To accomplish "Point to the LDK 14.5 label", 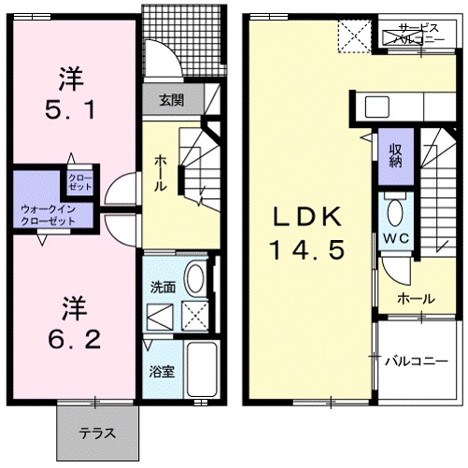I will coord(308,234).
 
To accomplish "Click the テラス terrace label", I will coord(97,433).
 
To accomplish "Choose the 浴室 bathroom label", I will coord(160,371).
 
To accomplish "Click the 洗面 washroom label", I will coord(162,288).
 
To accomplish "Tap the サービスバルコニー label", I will coord(418,35).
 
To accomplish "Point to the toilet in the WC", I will coord(394,210).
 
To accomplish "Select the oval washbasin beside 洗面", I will coord(196,277).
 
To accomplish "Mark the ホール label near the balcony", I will coord(415,299).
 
